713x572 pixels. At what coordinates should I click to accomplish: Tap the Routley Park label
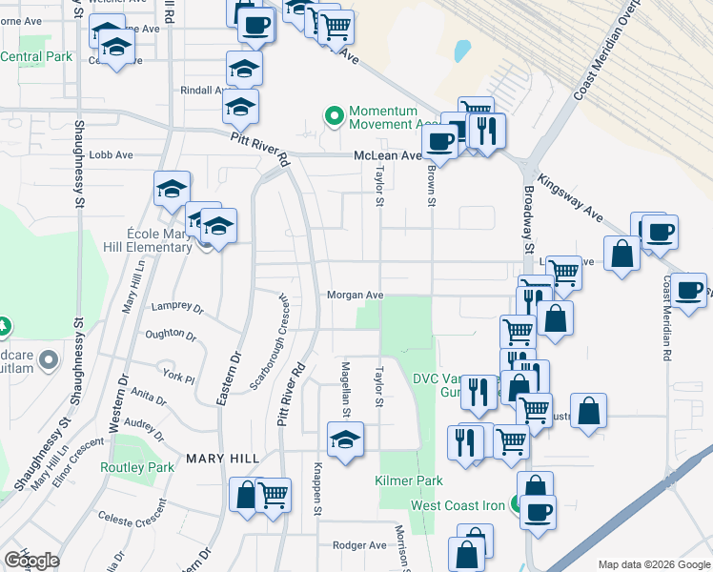coord(137,467)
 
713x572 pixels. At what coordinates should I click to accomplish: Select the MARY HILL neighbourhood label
coord(223,459)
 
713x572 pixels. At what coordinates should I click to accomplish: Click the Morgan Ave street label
coord(355,296)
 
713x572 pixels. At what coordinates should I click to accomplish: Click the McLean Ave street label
coord(387,155)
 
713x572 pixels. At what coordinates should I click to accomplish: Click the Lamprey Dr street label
coord(178,309)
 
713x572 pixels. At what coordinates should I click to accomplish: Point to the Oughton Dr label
coord(170,336)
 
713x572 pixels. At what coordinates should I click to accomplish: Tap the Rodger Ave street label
coord(358,545)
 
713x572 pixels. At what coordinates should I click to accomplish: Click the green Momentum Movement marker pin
coord(334,116)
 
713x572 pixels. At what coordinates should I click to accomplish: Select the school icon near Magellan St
coord(345,439)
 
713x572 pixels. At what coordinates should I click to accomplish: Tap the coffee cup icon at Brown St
coord(439,140)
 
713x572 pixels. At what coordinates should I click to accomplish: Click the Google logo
coord(31,561)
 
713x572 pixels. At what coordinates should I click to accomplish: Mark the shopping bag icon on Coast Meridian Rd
coord(621,255)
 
